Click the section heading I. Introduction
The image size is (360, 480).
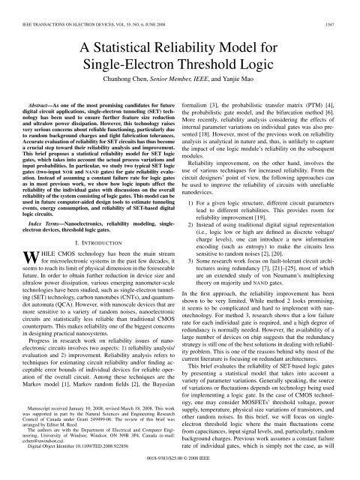pyautogui.click(x=93, y=262)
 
